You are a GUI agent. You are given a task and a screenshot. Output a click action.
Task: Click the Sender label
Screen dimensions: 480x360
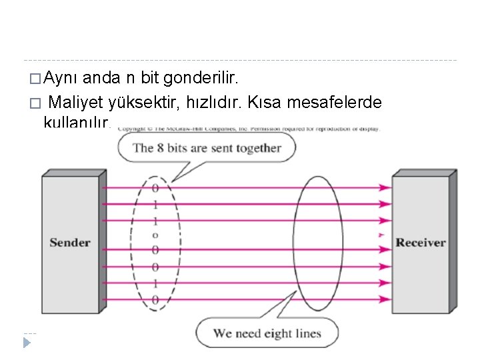(70, 243)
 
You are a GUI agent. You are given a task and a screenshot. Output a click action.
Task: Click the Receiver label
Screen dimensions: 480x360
(420, 243)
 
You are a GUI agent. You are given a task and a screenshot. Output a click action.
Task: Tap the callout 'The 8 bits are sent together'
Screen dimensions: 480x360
(207, 147)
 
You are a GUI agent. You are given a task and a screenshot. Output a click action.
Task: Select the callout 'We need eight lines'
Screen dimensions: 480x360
(267, 333)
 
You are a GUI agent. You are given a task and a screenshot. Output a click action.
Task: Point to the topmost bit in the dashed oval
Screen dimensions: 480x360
(155, 188)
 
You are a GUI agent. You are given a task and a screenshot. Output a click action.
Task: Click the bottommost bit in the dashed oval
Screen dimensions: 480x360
(155, 300)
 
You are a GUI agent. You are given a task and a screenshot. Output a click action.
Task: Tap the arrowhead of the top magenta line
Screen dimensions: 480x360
(385, 188)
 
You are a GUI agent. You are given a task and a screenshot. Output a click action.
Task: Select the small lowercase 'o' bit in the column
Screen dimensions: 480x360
(155, 235)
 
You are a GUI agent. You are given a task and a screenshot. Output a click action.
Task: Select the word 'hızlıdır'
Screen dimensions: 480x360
(223, 103)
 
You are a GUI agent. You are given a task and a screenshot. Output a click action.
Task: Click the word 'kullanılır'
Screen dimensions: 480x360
(74, 122)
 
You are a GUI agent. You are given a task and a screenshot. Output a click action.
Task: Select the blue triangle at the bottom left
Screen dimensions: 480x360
(27, 343)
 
